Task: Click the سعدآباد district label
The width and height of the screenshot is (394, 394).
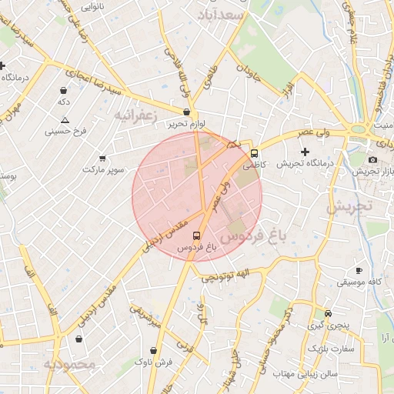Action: [x=221, y=15]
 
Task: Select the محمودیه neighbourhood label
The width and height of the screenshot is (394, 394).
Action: [x=69, y=363]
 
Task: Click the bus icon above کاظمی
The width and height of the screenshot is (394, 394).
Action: [x=255, y=152]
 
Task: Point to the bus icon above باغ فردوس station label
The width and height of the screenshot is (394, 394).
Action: [x=195, y=236]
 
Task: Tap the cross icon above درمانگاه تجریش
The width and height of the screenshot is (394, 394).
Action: [x=305, y=152]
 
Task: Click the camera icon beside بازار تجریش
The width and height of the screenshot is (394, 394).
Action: [x=373, y=159]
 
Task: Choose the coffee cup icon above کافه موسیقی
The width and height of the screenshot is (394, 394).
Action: [x=359, y=270]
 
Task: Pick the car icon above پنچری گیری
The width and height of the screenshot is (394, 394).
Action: [x=329, y=313]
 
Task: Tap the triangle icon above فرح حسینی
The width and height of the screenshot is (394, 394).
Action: [x=65, y=120]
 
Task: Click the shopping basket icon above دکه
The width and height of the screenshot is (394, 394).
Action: [x=62, y=90]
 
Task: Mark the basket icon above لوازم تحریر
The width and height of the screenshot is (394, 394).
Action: [x=186, y=112]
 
